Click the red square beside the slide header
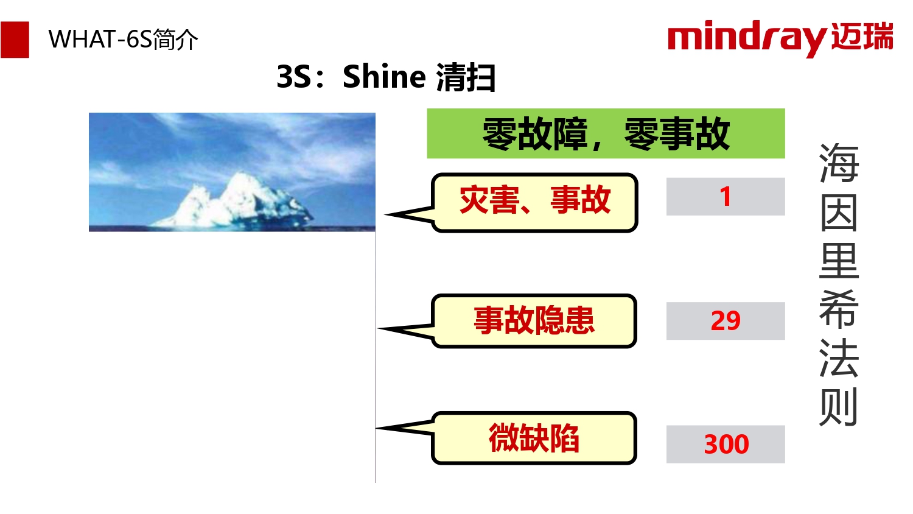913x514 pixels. coord(15,40)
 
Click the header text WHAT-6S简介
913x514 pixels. coord(123,40)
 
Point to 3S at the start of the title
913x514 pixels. coord(294,77)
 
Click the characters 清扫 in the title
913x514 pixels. coord(466,77)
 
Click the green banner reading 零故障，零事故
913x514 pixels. coord(606,133)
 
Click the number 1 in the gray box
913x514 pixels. coord(725,197)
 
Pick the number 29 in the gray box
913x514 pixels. coord(726,321)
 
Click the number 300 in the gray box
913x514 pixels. coord(726,444)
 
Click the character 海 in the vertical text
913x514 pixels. coord(839,163)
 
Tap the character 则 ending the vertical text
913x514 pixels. coord(839,407)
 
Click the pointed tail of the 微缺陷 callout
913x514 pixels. coord(377,428)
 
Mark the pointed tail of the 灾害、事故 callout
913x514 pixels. coord(386,214)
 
